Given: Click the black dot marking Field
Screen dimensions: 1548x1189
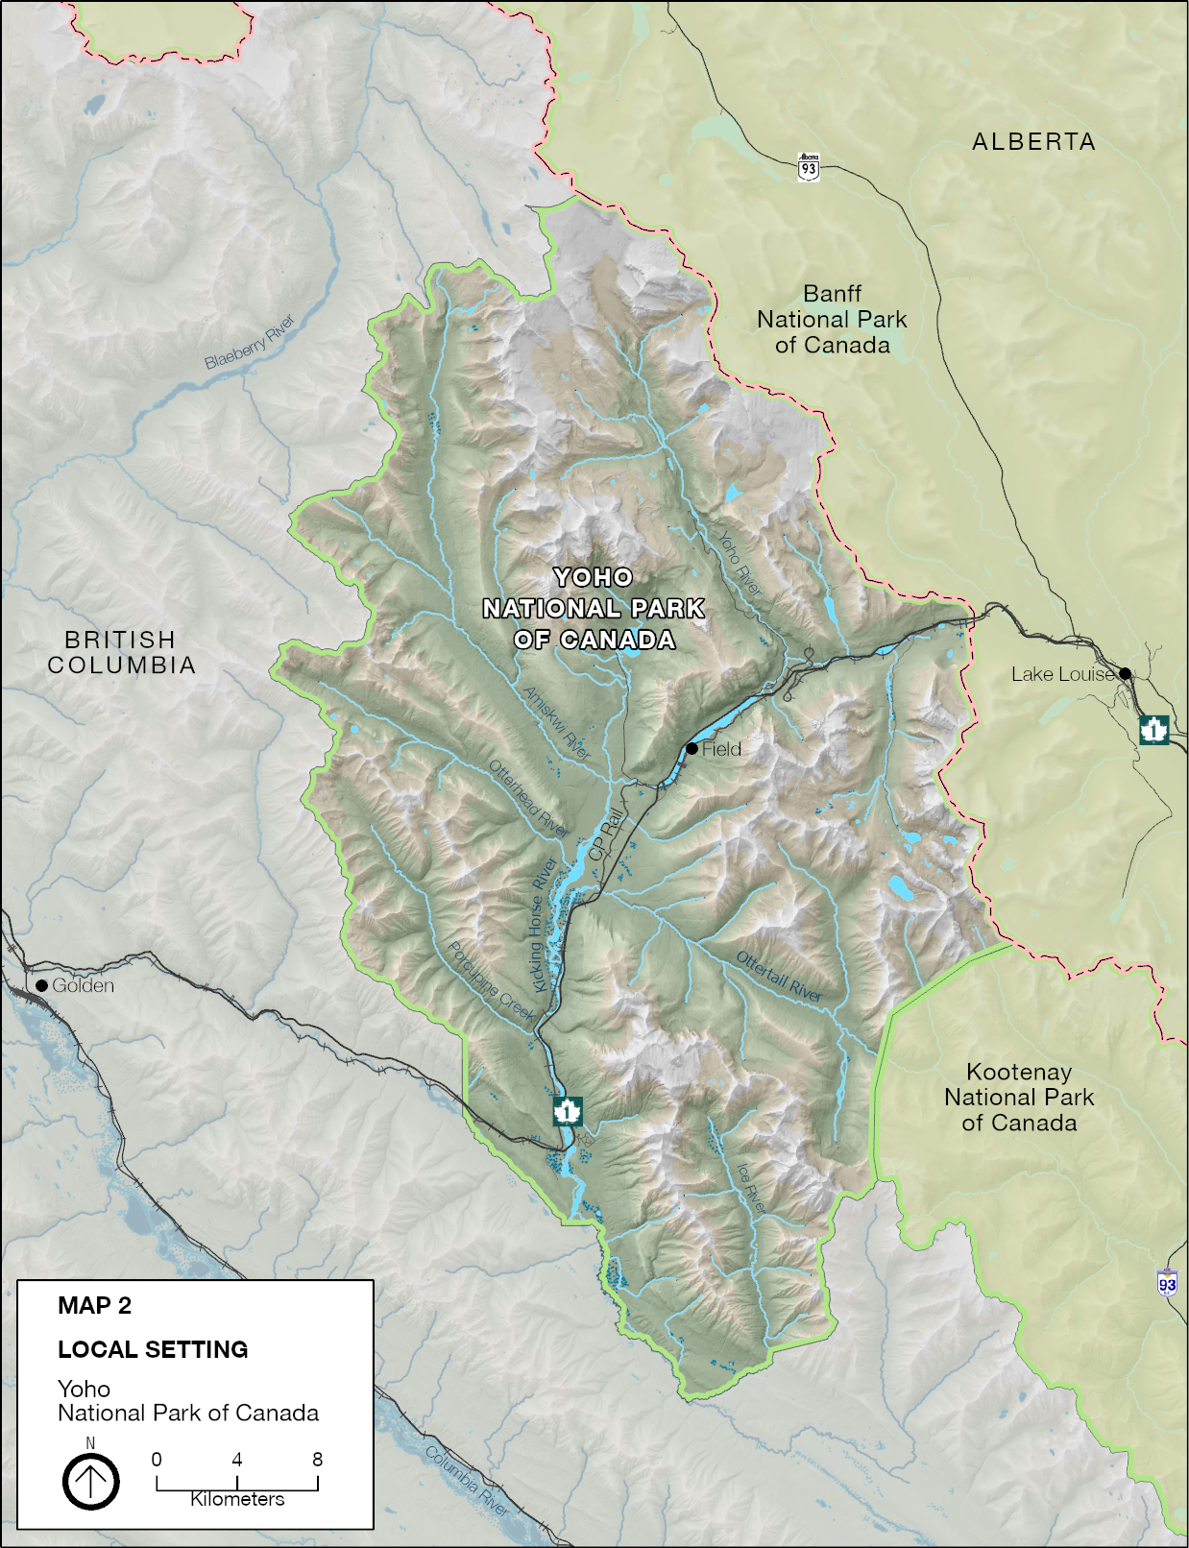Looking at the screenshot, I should click(692, 748).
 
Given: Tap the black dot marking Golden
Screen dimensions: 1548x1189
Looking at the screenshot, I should click(41, 985).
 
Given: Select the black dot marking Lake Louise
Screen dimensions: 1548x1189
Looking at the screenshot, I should click(1125, 673).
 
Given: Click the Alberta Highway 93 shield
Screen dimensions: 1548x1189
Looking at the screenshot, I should click(809, 167).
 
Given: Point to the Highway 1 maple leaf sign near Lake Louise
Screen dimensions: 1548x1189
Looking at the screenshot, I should click(1153, 729).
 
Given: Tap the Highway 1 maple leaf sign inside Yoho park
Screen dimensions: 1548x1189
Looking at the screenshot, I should click(568, 1111).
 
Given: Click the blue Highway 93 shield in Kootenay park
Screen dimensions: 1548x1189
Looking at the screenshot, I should click(1167, 1283).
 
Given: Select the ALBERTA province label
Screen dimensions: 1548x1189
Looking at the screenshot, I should click(1033, 142).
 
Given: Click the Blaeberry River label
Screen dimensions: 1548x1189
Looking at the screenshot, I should click(250, 342).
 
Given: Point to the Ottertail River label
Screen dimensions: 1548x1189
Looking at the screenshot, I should click(779, 977).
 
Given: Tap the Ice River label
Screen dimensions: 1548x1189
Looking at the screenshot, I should click(751, 1187).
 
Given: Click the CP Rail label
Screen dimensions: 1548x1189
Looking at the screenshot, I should click(606, 834).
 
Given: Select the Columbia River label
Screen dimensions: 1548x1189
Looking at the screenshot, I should click(467, 1480).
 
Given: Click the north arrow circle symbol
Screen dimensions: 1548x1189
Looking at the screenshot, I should click(91, 1482).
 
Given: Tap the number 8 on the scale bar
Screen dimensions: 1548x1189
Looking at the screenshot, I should click(317, 1460).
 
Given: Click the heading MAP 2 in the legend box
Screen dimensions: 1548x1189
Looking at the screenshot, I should click(94, 1306).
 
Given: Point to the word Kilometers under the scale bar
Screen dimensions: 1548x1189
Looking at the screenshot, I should click(237, 1499).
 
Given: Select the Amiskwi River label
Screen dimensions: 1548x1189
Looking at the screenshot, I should click(557, 723).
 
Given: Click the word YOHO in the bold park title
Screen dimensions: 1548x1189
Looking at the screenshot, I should click(594, 577).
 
